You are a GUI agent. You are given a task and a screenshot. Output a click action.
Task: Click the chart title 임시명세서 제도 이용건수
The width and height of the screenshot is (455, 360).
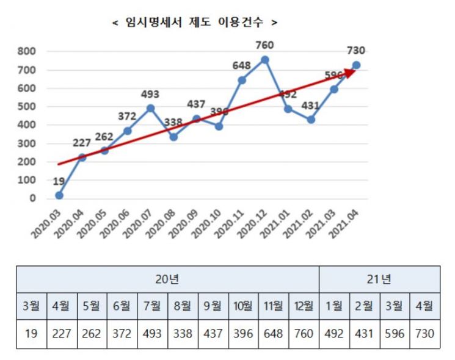click(194, 22)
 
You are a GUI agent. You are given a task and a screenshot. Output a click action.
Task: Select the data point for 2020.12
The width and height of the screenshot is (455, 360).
click(264, 60)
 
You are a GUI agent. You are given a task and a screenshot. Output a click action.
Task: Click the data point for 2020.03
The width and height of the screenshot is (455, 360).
click(59, 195)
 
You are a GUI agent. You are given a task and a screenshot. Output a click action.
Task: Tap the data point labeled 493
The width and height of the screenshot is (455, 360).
click(150, 108)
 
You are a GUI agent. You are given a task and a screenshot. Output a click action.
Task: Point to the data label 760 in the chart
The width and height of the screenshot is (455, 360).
click(264, 45)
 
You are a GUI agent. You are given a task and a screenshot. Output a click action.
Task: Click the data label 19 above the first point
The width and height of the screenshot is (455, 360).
click(59, 181)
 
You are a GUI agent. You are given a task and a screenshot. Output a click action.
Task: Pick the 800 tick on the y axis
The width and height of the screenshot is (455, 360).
click(27, 51)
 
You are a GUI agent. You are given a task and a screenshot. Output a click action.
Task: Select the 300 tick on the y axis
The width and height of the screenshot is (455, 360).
click(27, 143)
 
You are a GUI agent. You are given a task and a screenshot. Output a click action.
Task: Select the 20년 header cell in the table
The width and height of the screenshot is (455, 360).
click(167, 279)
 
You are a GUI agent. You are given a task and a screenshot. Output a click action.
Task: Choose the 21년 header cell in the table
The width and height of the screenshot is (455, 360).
click(379, 279)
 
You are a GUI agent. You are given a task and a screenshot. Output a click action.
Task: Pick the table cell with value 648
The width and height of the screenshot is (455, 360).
click(273, 334)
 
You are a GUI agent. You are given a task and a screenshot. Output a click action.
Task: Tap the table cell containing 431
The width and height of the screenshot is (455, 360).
click(364, 334)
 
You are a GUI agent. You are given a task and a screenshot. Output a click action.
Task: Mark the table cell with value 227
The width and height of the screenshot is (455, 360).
click(62, 334)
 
